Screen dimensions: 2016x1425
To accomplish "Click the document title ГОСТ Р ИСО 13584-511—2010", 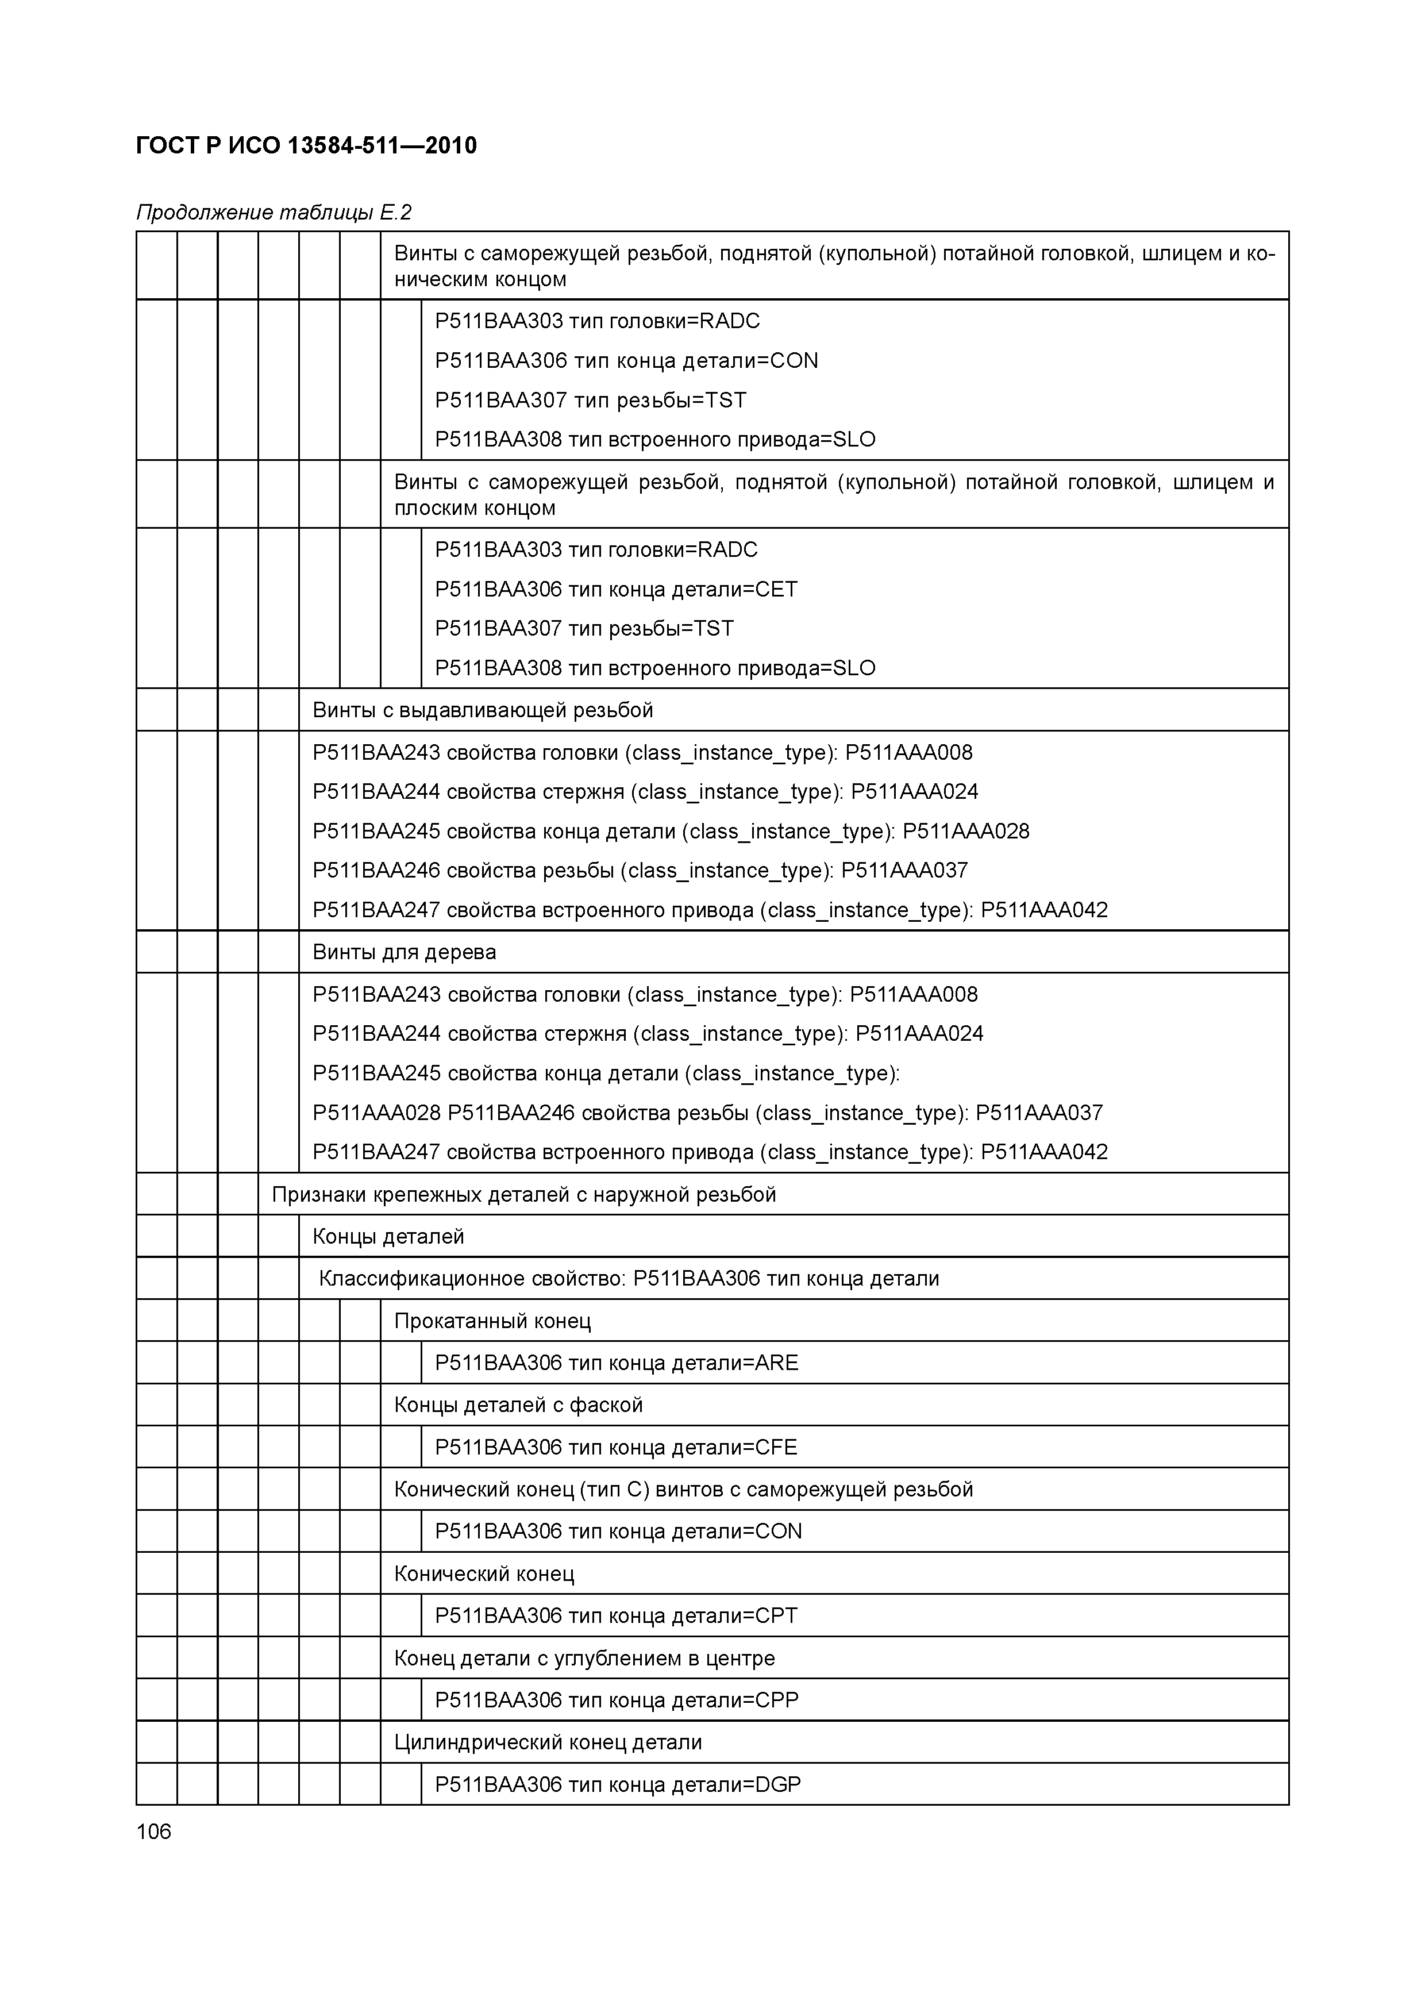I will click(x=306, y=146).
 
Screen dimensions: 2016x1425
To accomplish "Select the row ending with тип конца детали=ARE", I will click(x=617, y=1363).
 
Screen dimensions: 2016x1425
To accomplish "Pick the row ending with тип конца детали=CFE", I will click(x=615, y=1447).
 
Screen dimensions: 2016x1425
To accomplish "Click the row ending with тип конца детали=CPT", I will click(x=615, y=1615).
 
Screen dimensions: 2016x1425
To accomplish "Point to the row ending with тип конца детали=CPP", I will click(x=617, y=1700).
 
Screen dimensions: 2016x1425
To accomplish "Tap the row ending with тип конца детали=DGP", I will click(x=617, y=1784).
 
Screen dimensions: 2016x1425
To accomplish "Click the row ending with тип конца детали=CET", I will click(x=615, y=589).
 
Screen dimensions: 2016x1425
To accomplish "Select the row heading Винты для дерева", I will click(x=404, y=952).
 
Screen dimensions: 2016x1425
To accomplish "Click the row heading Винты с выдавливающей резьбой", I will click(x=482, y=710).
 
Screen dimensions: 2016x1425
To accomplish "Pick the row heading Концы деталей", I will click(x=388, y=1236).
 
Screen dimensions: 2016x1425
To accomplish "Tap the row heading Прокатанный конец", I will click(x=492, y=1321).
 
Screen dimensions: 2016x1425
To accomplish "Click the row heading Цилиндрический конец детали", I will click(x=547, y=1742).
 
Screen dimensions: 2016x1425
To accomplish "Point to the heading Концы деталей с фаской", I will click(x=518, y=1405).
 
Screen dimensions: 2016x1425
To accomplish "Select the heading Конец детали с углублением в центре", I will click(x=584, y=1658).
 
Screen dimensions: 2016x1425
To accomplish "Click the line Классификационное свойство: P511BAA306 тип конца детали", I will click(x=628, y=1279).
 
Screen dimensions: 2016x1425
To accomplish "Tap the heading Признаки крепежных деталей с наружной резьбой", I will click(x=523, y=1194).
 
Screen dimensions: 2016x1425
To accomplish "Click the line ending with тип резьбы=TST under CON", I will click(x=590, y=401).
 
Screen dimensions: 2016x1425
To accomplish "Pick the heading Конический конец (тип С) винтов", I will click(x=683, y=1489).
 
